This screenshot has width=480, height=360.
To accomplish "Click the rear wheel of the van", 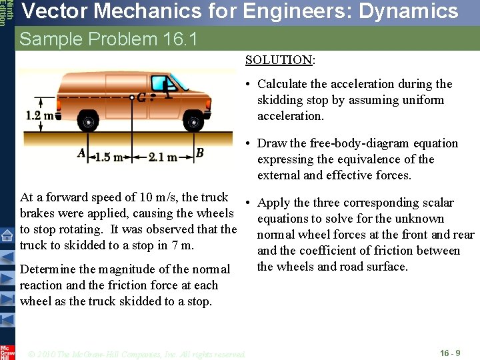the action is click(87, 121).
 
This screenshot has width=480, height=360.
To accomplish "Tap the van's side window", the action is click(161, 84).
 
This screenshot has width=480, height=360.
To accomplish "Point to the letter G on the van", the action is click(142, 97).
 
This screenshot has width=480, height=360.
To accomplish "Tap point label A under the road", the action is click(81, 154).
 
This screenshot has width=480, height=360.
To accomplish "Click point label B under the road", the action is click(199, 154).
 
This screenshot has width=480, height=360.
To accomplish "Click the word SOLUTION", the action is click(279, 60).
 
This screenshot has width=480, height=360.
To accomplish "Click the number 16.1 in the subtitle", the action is click(180, 39).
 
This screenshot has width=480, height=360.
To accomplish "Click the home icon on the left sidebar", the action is click(7, 235).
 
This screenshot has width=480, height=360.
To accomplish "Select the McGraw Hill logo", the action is click(7, 351).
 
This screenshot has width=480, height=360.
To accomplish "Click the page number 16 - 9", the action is click(451, 353).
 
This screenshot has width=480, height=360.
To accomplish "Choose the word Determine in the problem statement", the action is click(49, 269).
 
